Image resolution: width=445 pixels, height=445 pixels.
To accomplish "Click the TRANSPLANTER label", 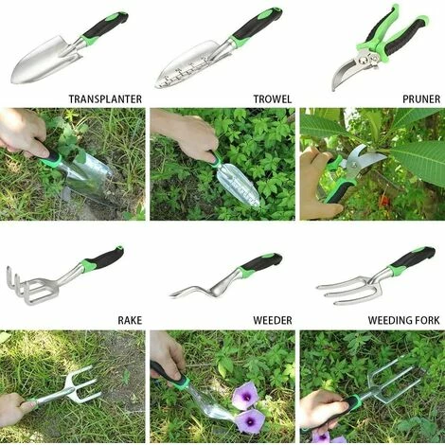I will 105,98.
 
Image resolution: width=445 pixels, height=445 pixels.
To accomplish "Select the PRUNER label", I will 420,98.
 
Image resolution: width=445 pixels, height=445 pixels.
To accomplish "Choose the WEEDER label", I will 272,320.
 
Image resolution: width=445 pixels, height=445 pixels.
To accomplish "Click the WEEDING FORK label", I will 404,320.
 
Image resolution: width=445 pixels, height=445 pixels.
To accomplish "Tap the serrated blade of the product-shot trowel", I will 185,64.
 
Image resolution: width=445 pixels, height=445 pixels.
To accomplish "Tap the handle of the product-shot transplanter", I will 103,27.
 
